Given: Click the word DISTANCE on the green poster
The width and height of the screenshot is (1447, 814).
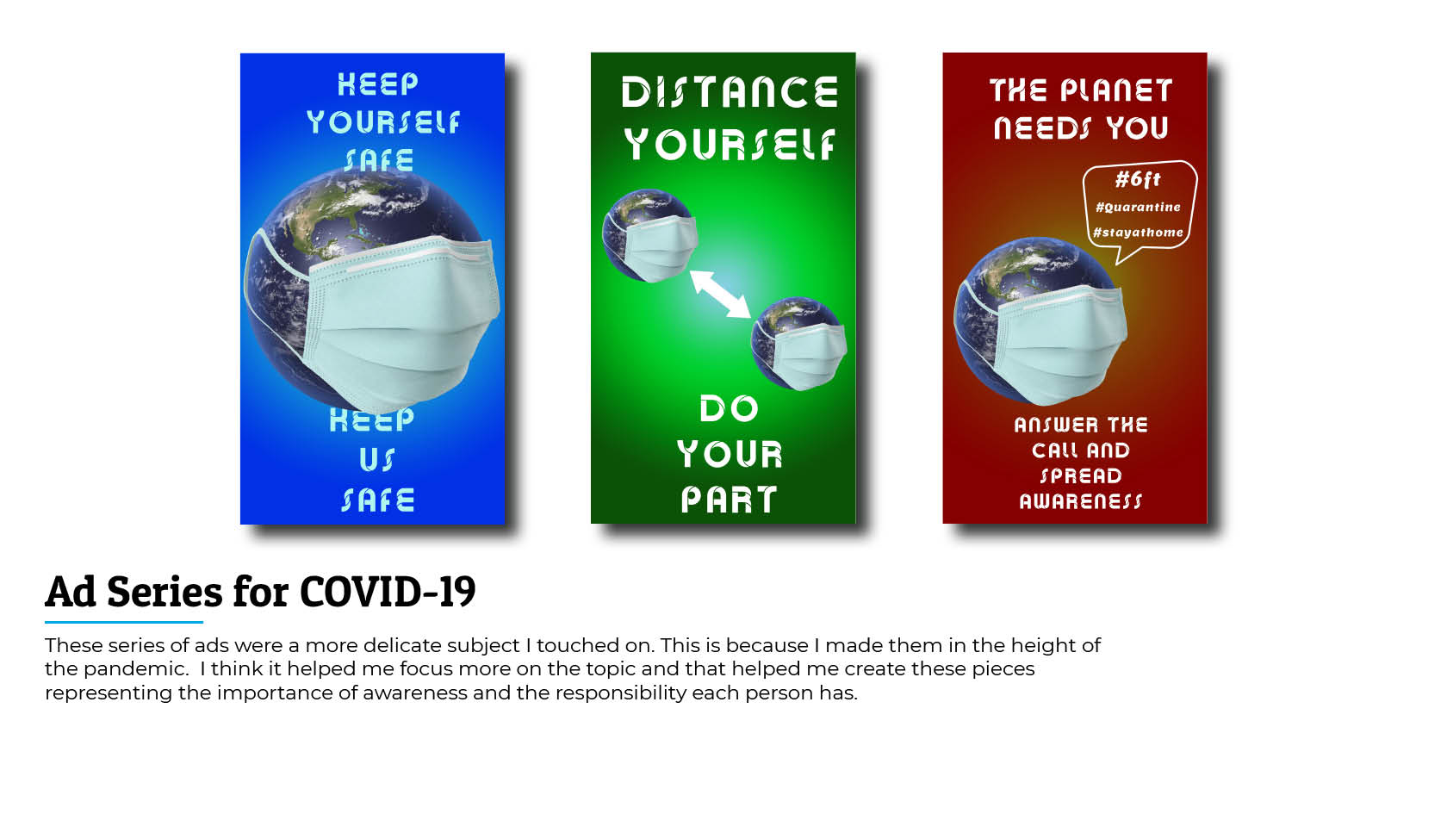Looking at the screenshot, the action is click(730, 91).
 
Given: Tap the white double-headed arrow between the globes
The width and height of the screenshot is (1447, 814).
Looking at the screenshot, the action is click(720, 294).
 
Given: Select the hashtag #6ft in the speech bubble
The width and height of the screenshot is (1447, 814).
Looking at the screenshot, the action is click(1139, 179).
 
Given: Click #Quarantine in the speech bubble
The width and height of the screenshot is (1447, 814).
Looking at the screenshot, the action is click(1139, 208).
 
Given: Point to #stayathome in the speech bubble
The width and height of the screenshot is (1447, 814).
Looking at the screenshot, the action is click(1139, 232).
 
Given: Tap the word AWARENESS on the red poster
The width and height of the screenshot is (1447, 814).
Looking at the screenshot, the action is click(1081, 501).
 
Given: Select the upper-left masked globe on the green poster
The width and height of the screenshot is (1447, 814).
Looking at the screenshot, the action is click(649, 236).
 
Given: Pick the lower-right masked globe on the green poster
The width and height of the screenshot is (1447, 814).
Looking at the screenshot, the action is click(798, 344).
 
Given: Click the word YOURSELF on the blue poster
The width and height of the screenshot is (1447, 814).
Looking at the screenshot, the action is click(383, 122).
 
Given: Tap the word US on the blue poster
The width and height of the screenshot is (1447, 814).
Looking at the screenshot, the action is click(377, 460).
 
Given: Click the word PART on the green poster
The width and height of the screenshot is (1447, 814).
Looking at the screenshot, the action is click(729, 500).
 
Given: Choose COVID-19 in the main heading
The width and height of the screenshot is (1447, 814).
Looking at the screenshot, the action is click(388, 591).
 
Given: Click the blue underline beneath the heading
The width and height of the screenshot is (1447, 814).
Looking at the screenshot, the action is click(124, 622).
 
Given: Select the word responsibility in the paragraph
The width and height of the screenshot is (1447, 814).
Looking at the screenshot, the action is click(621, 693).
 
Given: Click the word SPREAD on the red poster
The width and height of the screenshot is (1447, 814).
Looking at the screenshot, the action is click(1081, 476).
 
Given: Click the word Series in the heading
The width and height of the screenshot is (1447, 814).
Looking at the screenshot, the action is click(165, 591).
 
